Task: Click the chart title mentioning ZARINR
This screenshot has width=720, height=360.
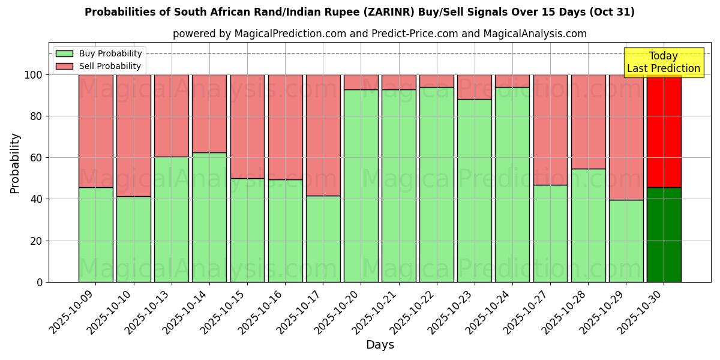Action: (x=359, y=12)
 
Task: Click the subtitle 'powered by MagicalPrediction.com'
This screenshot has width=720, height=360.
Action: (x=379, y=34)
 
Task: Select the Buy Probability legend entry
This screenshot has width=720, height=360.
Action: (x=110, y=53)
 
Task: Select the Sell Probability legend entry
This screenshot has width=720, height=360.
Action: (x=110, y=66)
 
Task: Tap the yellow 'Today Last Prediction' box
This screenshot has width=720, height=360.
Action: (x=663, y=62)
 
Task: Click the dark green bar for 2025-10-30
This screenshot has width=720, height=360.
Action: (x=664, y=235)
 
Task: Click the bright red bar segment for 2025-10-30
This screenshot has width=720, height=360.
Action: (x=664, y=131)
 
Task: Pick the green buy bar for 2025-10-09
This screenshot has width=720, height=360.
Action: (x=95, y=235)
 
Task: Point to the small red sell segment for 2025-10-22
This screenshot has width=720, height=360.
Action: (x=437, y=81)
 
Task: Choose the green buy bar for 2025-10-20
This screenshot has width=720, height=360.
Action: (x=361, y=186)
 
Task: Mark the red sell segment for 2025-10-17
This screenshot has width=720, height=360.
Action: (x=323, y=135)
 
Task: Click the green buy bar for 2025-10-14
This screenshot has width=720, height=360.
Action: (x=209, y=217)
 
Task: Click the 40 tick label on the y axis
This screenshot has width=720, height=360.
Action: (x=37, y=199)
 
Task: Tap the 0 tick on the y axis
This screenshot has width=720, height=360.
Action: (x=40, y=282)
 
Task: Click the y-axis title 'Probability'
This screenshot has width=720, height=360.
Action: (x=15, y=163)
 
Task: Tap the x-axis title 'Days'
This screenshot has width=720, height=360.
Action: (x=379, y=345)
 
